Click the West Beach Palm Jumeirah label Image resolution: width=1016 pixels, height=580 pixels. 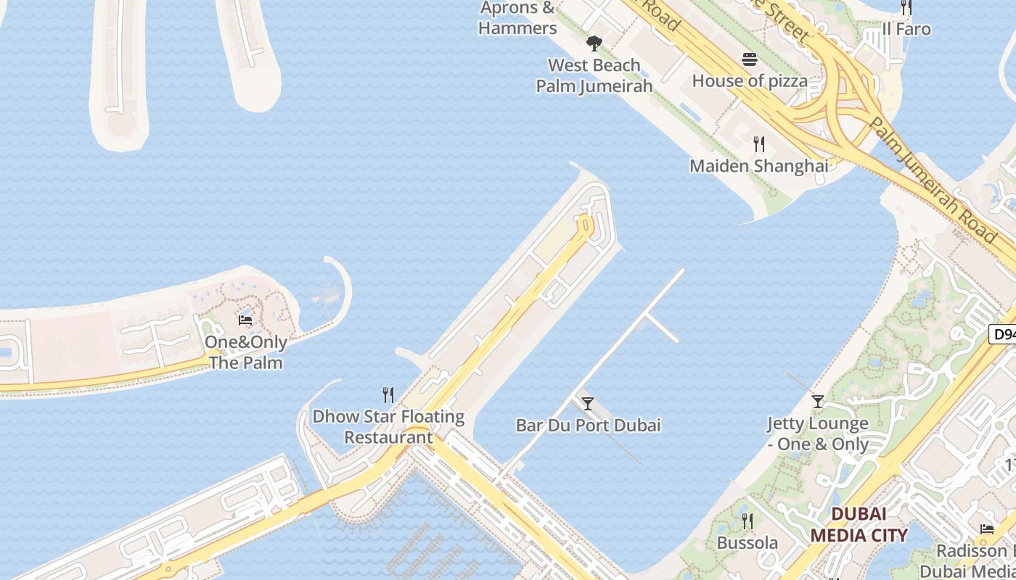click(x=594, y=75)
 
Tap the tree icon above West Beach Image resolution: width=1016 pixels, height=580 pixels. click(x=594, y=43)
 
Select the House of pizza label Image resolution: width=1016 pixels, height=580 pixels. click(x=750, y=80)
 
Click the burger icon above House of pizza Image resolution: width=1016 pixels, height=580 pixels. click(x=750, y=59)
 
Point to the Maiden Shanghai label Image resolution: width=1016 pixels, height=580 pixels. click(x=758, y=166)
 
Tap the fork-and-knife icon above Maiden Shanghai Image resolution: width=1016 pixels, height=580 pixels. click(x=759, y=144)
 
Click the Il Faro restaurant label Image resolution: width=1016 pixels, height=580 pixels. click(x=906, y=29)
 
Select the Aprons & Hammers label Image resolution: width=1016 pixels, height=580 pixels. click(x=517, y=18)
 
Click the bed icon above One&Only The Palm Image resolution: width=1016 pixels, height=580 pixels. click(x=245, y=320)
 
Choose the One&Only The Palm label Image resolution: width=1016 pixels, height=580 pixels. click(x=246, y=352)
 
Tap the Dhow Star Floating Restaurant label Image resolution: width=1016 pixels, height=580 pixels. click(x=388, y=427)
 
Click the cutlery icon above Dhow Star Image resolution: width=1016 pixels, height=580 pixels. click(x=388, y=395)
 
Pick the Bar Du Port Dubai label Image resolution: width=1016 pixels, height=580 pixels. click(x=588, y=425)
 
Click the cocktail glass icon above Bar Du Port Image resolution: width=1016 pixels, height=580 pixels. click(x=588, y=403)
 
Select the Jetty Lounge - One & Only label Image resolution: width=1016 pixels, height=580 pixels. click(x=818, y=434)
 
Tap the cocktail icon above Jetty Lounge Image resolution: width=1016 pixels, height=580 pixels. click(x=818, y=401)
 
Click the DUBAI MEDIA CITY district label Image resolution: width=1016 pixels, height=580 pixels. click(x=859, y=525)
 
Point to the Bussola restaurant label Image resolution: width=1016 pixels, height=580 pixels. click(x=747, y=543)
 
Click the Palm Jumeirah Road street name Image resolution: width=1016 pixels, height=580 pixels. click(x=933, y=181)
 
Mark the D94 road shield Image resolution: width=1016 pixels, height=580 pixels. click(x=1004, y=334)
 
